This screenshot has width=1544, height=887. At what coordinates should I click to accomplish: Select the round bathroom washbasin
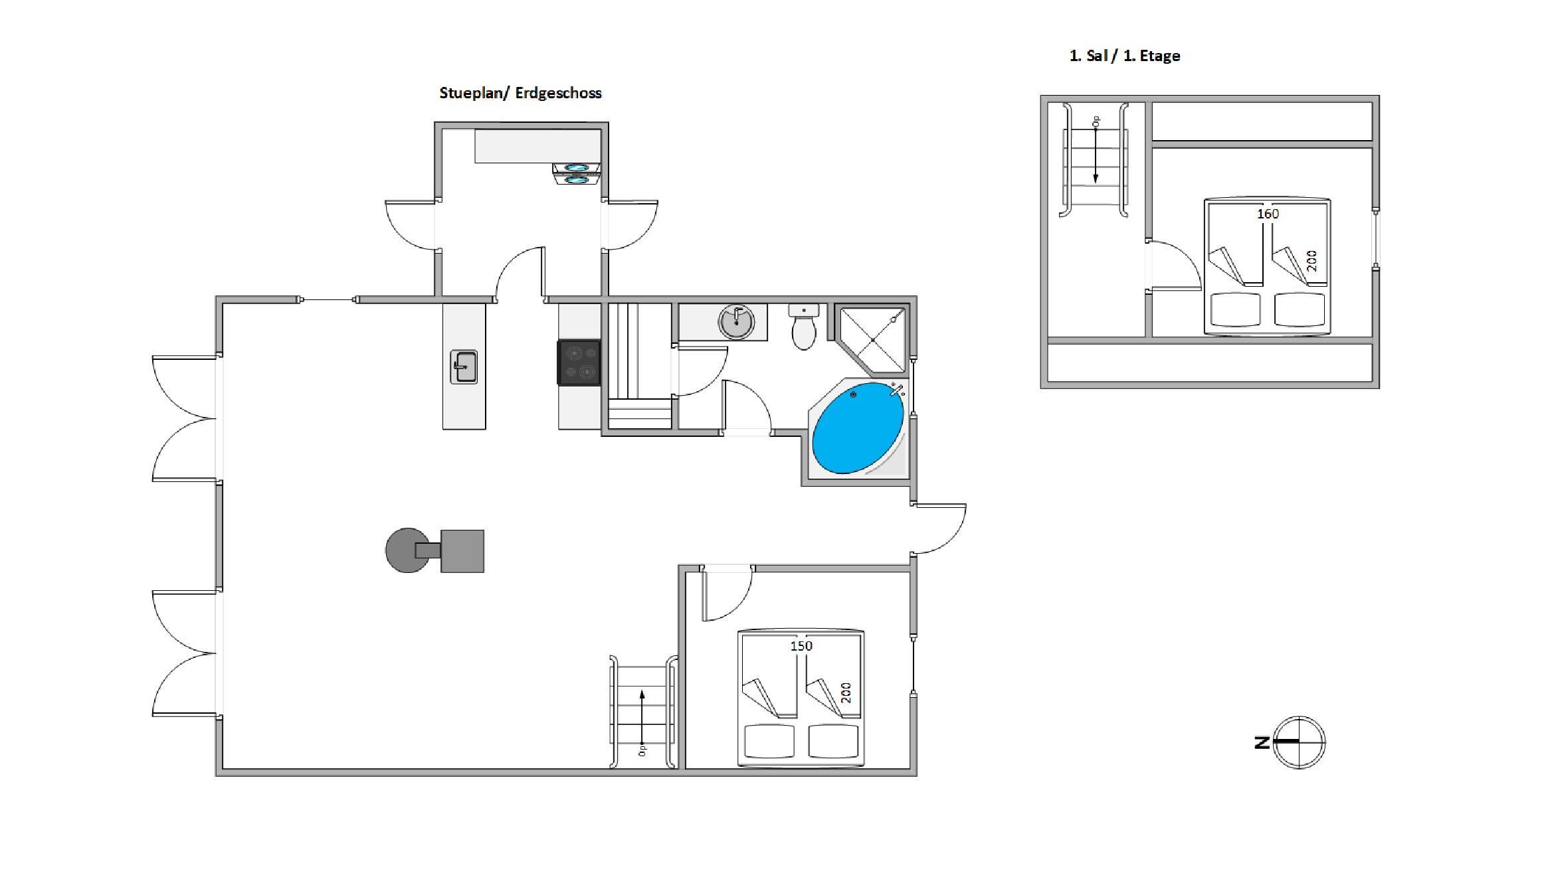point(736,322)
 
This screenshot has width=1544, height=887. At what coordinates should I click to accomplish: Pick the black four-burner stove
point(579,363)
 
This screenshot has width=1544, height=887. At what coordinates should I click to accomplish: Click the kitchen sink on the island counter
point(464,367)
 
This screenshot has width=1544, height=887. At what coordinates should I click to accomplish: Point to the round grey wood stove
point(407,550)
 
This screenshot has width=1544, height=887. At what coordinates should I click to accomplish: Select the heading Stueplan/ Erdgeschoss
point(520,93)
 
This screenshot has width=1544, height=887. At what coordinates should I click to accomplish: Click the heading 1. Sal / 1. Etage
point(1125,56)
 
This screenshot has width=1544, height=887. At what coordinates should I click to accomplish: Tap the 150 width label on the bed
point(801,646)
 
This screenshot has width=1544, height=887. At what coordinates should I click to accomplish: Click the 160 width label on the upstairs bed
point(1268,214)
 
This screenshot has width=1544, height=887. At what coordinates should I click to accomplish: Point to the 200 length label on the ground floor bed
point(846,693)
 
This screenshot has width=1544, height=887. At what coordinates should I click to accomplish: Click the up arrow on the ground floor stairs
point(642,717)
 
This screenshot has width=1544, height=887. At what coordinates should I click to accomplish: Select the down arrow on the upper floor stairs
point(1096,156)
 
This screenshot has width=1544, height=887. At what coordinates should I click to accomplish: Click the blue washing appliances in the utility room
point(576,174)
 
